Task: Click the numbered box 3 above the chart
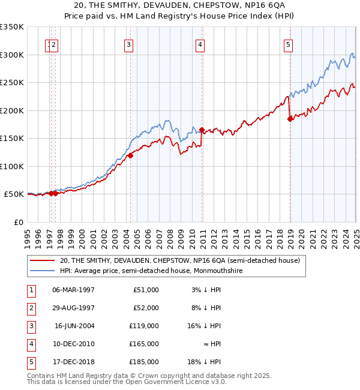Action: pos(129,44)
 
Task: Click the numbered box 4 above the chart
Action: pos(199,44)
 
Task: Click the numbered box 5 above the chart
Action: pos(289,44)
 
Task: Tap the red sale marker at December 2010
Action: pos(202,130)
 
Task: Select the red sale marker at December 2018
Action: pos(290,119)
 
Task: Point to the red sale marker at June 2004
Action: pos(130,156)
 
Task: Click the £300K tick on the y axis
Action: pos(12,55)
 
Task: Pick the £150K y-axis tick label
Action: pos(12,138)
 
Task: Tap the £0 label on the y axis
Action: pos(18,222)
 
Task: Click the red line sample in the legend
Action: pos(43,260)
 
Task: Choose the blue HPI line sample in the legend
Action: pos(43,271)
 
